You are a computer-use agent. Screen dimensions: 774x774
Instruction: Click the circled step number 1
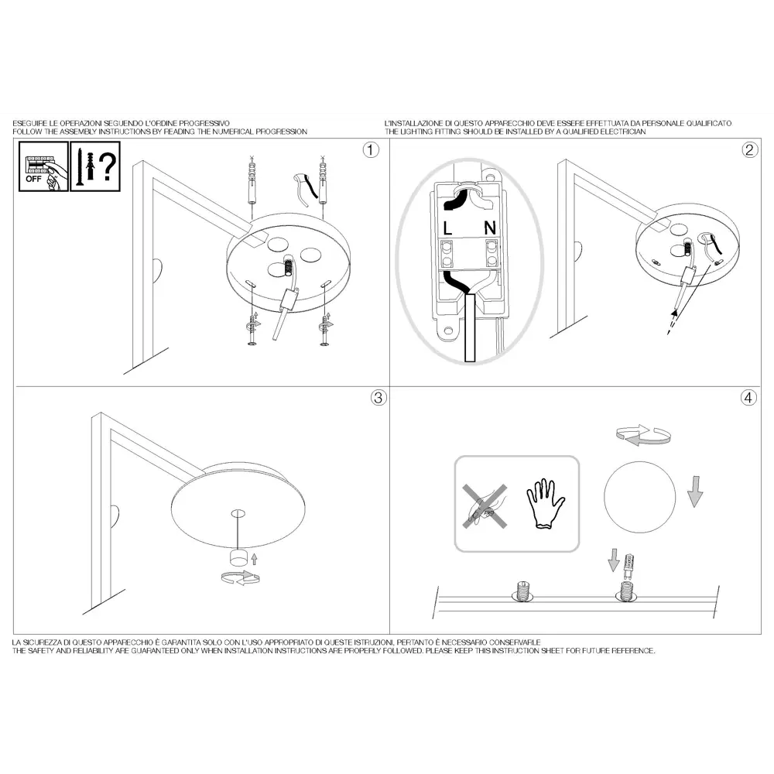click(x=371, y=149)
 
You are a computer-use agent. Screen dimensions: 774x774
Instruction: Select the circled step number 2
click(x=749, y=149)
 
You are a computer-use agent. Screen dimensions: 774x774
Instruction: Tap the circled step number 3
click(x=378, y=397)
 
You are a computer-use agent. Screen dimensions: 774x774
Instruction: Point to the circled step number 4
click(x=748, y=397)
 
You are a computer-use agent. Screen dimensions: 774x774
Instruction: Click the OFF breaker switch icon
click(x=43, y=166)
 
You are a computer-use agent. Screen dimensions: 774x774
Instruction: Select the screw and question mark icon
click(x=95, y=166)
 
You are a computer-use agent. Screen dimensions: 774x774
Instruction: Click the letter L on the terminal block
click(x=447, y=228)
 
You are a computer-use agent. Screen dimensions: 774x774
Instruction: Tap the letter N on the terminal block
click(x=490, y=228)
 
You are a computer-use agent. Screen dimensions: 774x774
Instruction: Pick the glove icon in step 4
click(x=546, y=503)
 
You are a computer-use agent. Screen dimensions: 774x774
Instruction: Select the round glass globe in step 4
click(x=640, y=497)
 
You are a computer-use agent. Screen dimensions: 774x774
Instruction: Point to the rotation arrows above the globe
click(x=643, y=435)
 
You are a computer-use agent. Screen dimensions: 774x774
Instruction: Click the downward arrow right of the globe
click(x=695, y=491)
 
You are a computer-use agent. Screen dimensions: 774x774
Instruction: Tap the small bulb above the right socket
click(x=628, y=567)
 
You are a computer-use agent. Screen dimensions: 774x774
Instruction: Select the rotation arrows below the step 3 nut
click(x=241, y=577)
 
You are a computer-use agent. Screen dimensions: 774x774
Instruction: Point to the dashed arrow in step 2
click(x=671, y=322)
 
